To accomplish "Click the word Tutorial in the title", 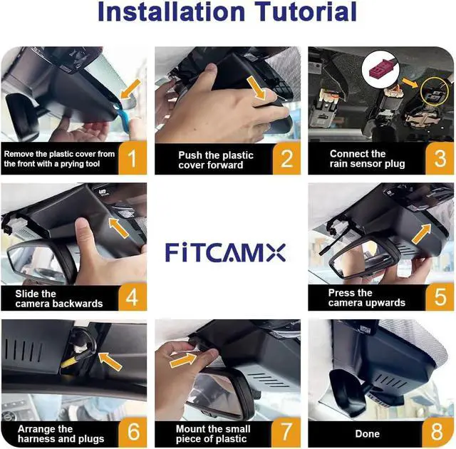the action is (x=306, y=11).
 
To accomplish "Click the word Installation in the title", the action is (x=172, y=11).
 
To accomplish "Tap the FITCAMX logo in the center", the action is (x=225, y=252).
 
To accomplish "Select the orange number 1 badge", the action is (x=133, y=158).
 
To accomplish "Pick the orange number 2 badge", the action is (x=286, y=158).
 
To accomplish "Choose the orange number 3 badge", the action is (x=440, y=158).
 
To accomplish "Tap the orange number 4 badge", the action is (x=133, y=297).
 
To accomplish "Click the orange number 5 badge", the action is (x=440, y=297).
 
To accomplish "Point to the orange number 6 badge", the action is (x=133, y=432).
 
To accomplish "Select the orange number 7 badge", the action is (x=286, y=432).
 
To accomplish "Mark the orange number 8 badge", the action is (x=437, y=433).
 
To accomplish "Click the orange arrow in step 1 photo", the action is (x=131, y=88).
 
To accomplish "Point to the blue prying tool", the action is (x=123, y=115).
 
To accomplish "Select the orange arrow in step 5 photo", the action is (x=422, y=234).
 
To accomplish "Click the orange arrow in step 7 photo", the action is (x=183, y=361).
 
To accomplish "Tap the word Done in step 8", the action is (x=368, y=433).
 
